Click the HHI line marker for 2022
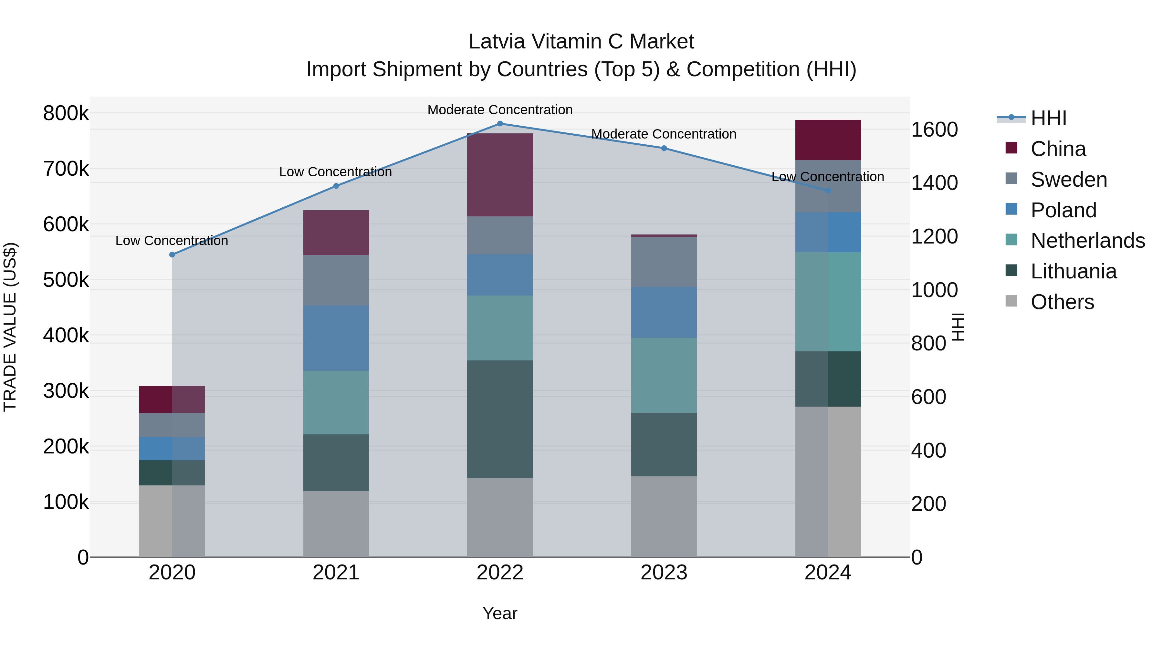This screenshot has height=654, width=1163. (x=500, y=123)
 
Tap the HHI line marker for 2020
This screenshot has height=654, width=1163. (x=172, y=254)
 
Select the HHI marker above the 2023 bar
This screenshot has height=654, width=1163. (x=664, y=148)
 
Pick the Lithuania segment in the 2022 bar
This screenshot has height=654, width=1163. (x=500, y=419)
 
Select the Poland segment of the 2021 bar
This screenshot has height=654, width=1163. (x=336, y=338)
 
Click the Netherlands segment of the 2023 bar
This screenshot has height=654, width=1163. (x=664, y=375)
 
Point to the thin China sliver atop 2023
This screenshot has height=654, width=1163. (x=664, y=236)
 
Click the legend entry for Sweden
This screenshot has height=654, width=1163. (x=1068, y=179)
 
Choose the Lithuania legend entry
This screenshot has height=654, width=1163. (x=1073, y=271)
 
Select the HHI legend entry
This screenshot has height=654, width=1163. (x=1048, y=118)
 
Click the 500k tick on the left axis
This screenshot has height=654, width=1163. (x=66, y=280)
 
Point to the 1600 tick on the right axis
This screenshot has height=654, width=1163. (x=934, y=130)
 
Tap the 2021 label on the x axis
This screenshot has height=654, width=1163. (x=336, y=573)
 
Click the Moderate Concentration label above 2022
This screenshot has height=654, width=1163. (x=500, y=110)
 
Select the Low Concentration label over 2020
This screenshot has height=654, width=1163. (x=172, y=241)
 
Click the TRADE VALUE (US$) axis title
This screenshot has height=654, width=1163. (x=10, y=327)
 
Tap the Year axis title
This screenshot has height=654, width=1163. (x=500, y=613)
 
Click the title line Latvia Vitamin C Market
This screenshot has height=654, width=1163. (x=581, y=42)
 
